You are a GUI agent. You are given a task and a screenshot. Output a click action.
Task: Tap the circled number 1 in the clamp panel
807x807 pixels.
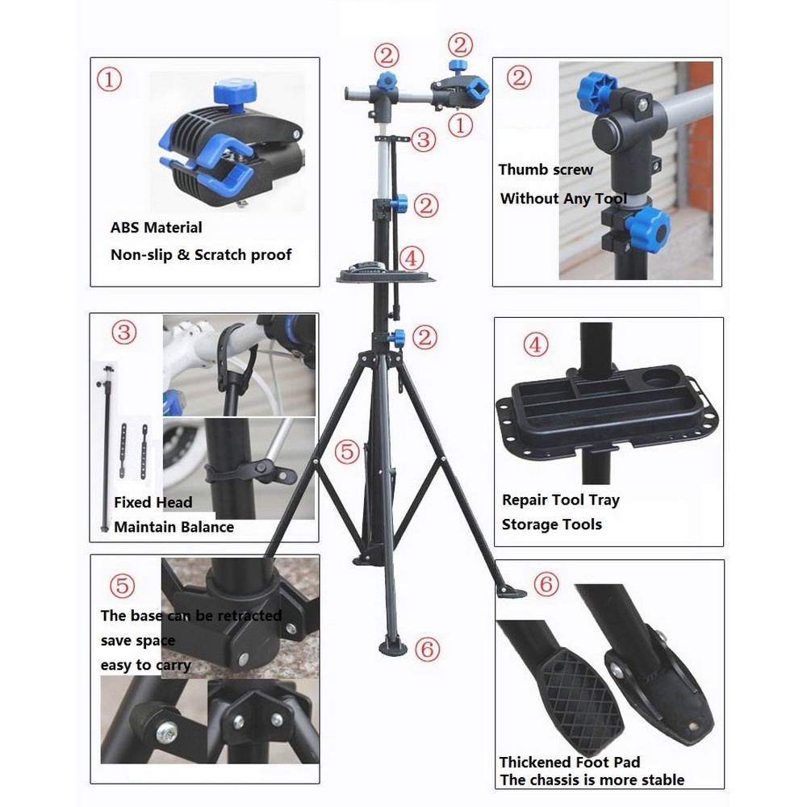tap(109, 80)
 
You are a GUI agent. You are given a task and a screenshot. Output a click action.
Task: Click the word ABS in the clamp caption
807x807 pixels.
tap(124, 228)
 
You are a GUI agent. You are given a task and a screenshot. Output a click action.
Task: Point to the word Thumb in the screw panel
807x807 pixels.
tap(519, 169)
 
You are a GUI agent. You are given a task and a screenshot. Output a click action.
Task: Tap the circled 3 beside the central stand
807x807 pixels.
tap(424, 140)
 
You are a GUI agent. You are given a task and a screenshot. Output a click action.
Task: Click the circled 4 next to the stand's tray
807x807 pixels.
tap(412, 258)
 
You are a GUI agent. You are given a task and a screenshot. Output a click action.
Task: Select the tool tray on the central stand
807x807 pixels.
tap(386, 273)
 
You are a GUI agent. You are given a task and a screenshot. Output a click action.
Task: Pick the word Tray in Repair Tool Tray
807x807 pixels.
tap(604, 500)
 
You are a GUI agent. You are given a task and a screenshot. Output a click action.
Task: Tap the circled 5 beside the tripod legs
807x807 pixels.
tap(347, 452)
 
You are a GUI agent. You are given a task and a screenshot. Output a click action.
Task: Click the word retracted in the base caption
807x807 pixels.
tap(249, 616)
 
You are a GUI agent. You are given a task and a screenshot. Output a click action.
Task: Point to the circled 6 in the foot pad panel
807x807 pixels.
tap(546, 583)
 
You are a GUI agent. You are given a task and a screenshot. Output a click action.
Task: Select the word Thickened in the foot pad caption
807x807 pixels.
tap(533, 763)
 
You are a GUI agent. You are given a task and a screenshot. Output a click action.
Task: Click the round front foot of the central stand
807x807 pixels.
tap(393, 646)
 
